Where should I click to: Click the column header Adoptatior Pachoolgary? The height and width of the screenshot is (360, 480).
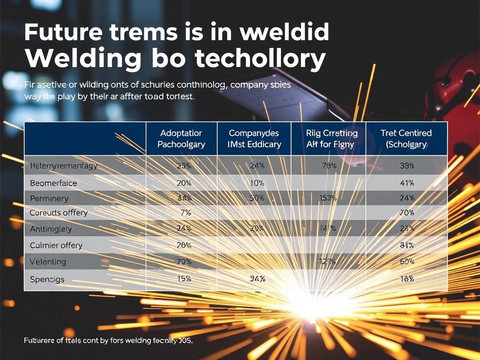(x=181, y=139)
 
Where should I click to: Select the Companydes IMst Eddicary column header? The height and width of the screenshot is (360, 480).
(x=254, y=139)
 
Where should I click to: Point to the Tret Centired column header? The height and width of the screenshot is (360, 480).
(x=406, y=139)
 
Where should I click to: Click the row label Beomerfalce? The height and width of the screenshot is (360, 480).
(x=53, y=182)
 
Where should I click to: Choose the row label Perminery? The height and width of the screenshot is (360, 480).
(x=49, y=198)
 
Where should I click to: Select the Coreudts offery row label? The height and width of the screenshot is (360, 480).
(x=59, y=213)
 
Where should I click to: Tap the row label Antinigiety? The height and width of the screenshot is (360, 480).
(x=51, y=229)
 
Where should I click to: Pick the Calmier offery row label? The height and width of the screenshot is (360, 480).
(x=56, y=245)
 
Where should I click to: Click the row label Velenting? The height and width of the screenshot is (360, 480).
(x=48, y=262)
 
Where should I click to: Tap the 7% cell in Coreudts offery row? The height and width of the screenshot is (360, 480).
(x=185, y=213)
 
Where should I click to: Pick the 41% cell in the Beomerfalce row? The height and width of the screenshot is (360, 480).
(x=407, y=182)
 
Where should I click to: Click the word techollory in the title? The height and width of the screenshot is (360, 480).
(x=260, y=59)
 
